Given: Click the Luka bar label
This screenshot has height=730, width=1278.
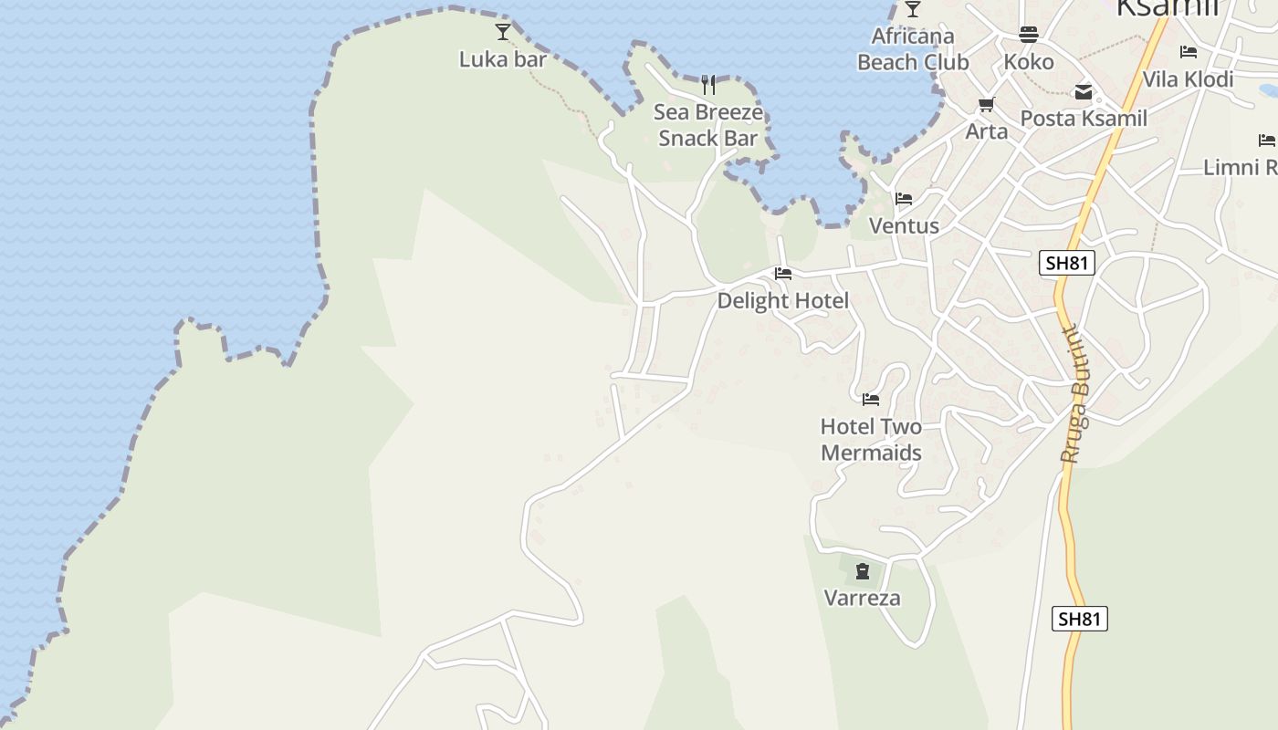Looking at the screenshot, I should [502, 60].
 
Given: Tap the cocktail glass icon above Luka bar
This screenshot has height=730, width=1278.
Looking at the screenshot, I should [503, 33].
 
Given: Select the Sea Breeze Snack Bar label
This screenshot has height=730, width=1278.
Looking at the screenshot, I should [708, 125].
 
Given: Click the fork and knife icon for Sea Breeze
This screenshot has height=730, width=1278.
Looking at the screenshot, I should [708, 85].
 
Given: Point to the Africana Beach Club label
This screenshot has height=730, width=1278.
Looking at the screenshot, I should [913, 49].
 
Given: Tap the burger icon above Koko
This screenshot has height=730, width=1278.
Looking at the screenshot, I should [1029, 35].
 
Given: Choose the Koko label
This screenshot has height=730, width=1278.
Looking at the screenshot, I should [1029, 62].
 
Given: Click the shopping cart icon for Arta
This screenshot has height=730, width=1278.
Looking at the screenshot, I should [986, 104].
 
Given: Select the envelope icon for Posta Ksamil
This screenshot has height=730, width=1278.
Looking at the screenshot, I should [1084, 92].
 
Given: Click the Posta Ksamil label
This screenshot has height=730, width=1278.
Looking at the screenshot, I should [1084, 119].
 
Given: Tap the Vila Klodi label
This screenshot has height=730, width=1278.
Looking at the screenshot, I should [1188, 79].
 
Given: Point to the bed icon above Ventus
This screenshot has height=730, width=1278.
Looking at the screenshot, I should [904, 199].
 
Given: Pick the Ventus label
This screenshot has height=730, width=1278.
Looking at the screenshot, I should [904, 225].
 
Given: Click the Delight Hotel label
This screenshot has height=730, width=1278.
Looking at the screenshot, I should [782, 300].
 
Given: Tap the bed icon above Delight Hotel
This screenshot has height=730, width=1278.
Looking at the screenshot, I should [782, 273].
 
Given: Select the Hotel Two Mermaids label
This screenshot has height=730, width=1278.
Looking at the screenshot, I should [871, 439].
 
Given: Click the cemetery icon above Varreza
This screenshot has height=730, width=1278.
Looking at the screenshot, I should [863, 572].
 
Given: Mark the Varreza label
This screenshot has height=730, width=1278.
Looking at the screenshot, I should [863, 599].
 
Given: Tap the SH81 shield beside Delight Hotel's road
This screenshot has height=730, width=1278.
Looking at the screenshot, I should [1067, 264].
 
